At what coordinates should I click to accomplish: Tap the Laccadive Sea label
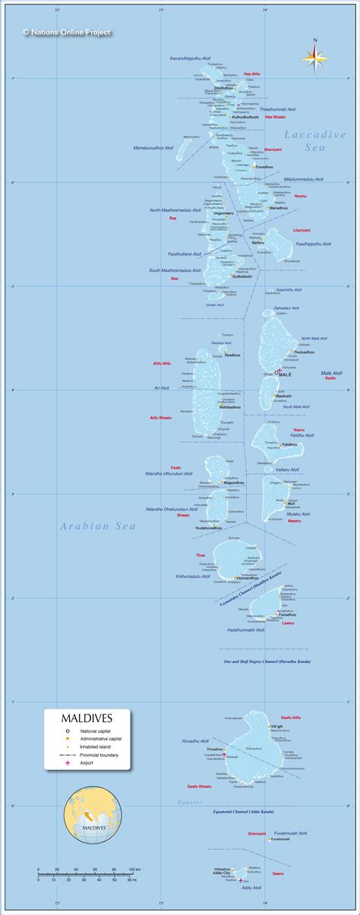[314, 141]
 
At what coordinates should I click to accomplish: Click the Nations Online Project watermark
[67, 33]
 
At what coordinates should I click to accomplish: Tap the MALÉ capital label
[285, 375]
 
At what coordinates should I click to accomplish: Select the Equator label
[190, 802]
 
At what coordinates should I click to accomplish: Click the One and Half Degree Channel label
[267, 661]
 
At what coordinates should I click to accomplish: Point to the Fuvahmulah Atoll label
[292, 832]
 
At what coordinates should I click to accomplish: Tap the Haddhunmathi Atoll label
[245, 629]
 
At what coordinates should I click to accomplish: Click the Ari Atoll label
[162, 388]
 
